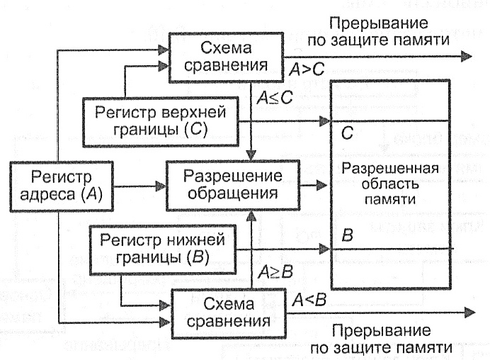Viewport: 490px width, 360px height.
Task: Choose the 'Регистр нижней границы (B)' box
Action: pyautogui.click(x=153, y=247)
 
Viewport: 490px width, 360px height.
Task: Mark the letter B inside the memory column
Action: pyautogui.click(x=347, y=236)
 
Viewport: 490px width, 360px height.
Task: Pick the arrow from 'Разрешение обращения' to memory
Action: pyautogui.click(x=313, y=186)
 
